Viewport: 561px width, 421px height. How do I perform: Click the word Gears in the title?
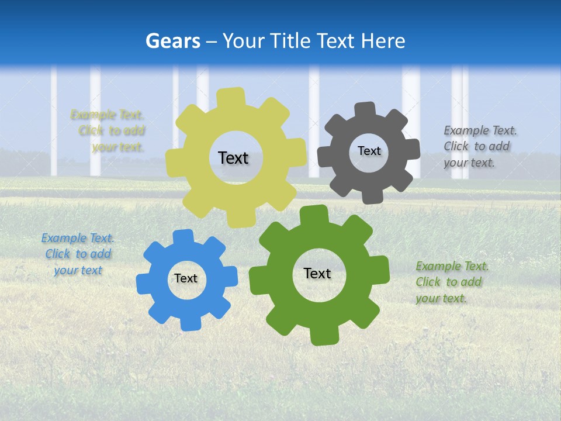[x=172, y=41]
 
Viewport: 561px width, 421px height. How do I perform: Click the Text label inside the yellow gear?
[x=233, y=158]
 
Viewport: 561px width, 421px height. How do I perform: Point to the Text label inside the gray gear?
[x=369, y=151]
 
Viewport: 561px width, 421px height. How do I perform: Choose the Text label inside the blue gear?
[x=185, y=278]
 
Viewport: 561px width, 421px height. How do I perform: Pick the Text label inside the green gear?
[x=317, y=273]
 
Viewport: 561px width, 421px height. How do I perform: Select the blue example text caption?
[x=78, y=254]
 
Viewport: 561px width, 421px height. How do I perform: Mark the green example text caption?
[x=451, y=282]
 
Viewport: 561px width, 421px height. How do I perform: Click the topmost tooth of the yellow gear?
[x=230, y=97]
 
